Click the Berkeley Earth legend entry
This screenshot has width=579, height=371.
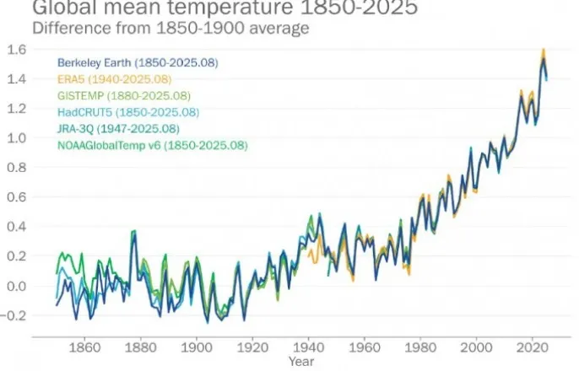tap(124, 63)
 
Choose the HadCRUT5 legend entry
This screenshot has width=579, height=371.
tap(127, 112)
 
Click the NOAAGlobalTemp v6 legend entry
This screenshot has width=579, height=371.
tap(152, 145)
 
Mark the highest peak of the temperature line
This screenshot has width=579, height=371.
tap(544, 51)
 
